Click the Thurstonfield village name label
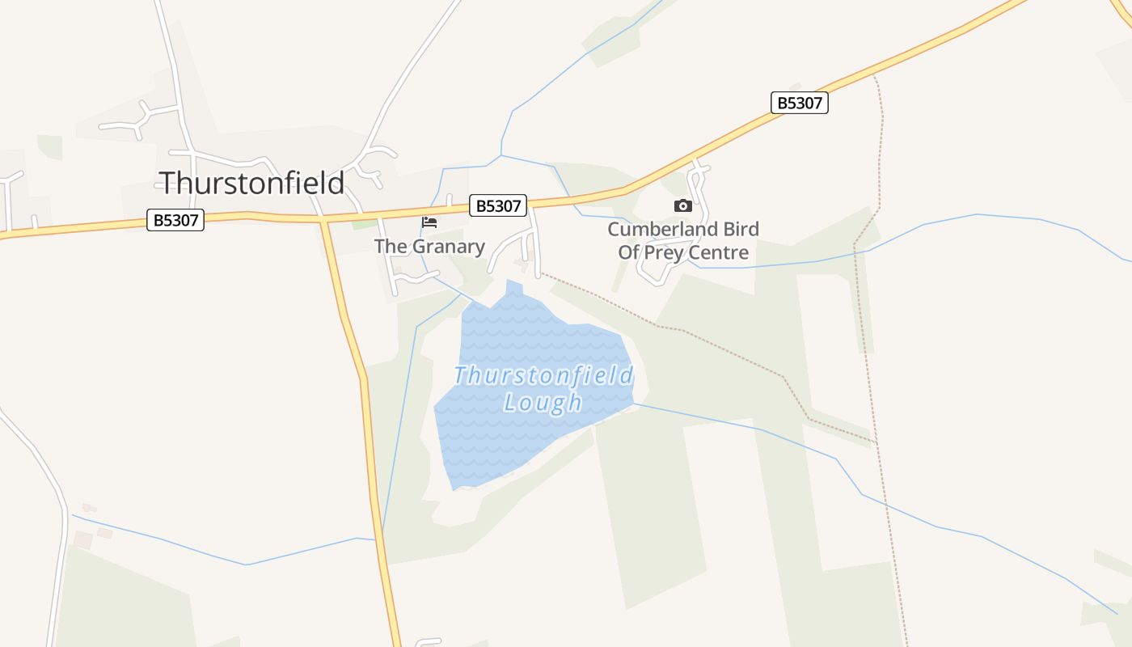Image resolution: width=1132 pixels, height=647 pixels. [x=251, y=183]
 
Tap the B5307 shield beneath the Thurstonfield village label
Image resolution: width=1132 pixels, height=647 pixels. [x=175, y=220]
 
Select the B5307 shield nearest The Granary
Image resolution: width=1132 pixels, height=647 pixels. [x=498, y=205]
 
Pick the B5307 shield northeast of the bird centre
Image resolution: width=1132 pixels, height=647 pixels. [x=799, y=103]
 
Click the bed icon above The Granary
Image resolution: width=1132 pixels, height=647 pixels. [x=429, y=222]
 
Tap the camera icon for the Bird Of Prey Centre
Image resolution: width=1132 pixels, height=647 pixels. [x=683, y=205]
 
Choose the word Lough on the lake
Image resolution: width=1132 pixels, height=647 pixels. [x=543, y=402]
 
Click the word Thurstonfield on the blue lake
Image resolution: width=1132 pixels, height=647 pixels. [x=543, y=376]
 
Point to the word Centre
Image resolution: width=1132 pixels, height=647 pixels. [x=719, y=253]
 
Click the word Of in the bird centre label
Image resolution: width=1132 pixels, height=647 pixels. [x=630, y=253]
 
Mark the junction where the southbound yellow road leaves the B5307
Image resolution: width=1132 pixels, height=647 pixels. [x=323, y=218]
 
